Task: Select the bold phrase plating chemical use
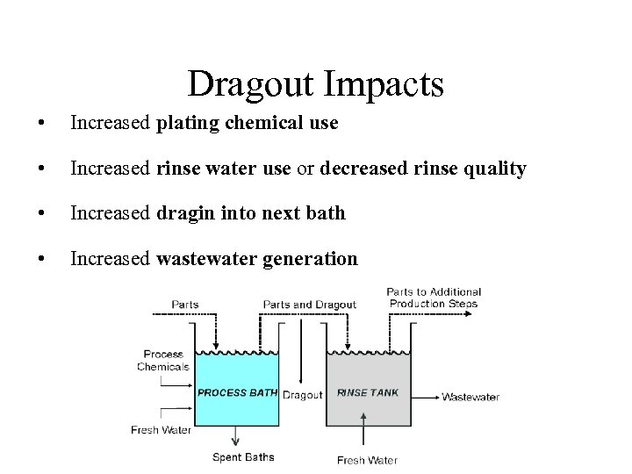pos(247,123)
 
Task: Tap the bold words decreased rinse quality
pos(423,169)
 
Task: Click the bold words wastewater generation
pos(257,259)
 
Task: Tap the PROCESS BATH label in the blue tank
pos(237,393)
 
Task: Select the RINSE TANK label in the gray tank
pos(368,393)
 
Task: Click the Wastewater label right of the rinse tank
pos(470,397)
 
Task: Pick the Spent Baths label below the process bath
pos(243,457)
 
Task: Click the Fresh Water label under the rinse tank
pos(367,460)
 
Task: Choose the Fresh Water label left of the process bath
pos(161,430)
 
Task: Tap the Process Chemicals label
pos(163,361)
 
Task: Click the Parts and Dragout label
pos(309,305)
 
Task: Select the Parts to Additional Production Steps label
pos(434,298)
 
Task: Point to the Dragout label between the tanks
pos(303,395)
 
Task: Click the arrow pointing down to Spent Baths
pos(235,436)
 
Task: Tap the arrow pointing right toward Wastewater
pos(425,397)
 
